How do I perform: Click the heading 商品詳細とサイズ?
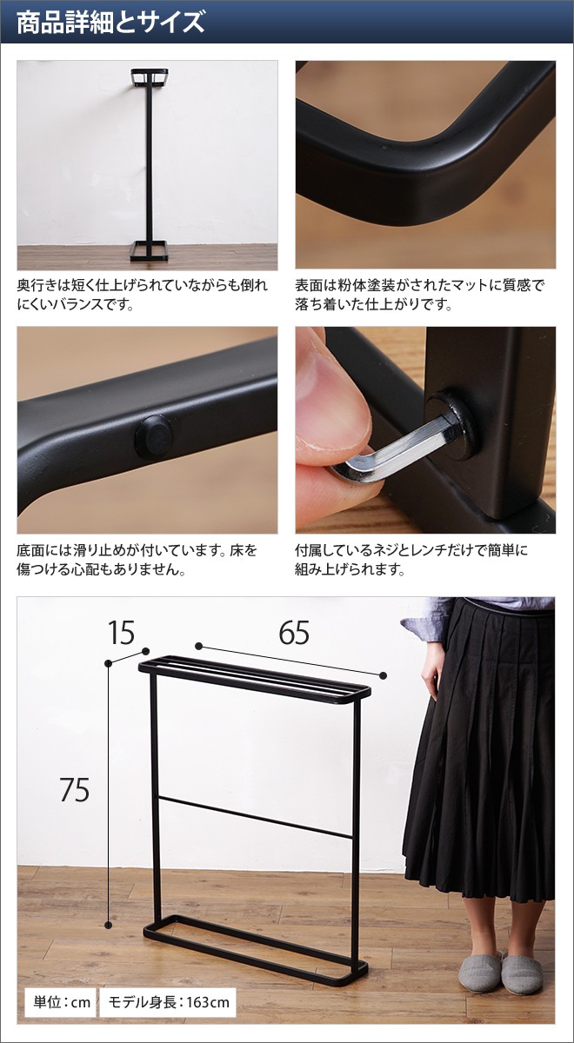(x=110, y=22)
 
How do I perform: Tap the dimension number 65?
(x=294, y=634)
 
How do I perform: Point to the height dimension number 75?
(x=75, y=790)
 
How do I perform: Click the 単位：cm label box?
(x=57, y=1002)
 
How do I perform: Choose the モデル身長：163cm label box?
(x=168, y=1002)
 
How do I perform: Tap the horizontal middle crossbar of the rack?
(x=257, y=817)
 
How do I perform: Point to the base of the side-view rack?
(x=148, y=252)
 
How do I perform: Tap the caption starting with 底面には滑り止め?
(x=137, y=561)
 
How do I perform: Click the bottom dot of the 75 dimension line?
(x=109, y=924)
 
